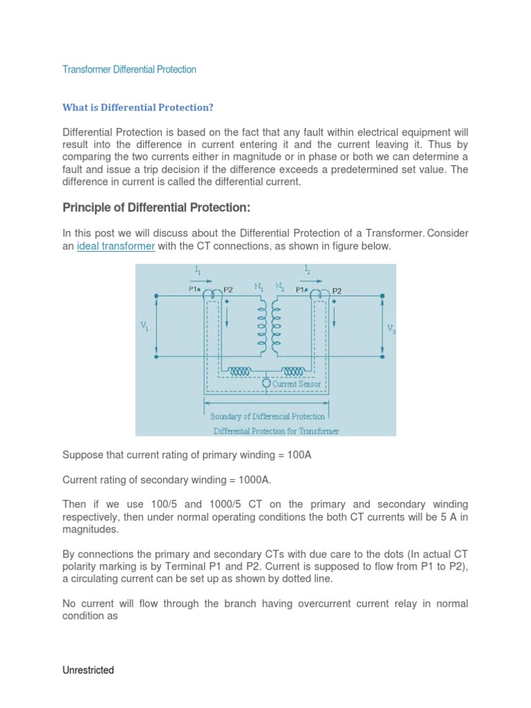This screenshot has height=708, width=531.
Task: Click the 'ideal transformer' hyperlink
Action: (x=115, y=246)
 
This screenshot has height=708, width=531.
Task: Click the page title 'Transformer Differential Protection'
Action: (x=129, y=69)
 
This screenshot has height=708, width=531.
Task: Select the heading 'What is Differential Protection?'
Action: (x=138, y=107)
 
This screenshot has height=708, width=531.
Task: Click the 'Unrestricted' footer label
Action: (x=88, y=670)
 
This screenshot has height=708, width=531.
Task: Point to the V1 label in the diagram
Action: (x=145, y=327)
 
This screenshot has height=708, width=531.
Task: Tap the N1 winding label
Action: (x=259, y=285)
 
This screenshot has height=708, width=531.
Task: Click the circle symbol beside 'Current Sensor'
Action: (x=266, y=382)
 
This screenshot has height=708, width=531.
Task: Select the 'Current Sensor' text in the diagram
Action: (x=295, y=384)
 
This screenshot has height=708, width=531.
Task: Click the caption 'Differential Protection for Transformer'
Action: (x=276, y=431)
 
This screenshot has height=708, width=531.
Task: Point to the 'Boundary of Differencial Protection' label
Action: (x=268, y=416)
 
